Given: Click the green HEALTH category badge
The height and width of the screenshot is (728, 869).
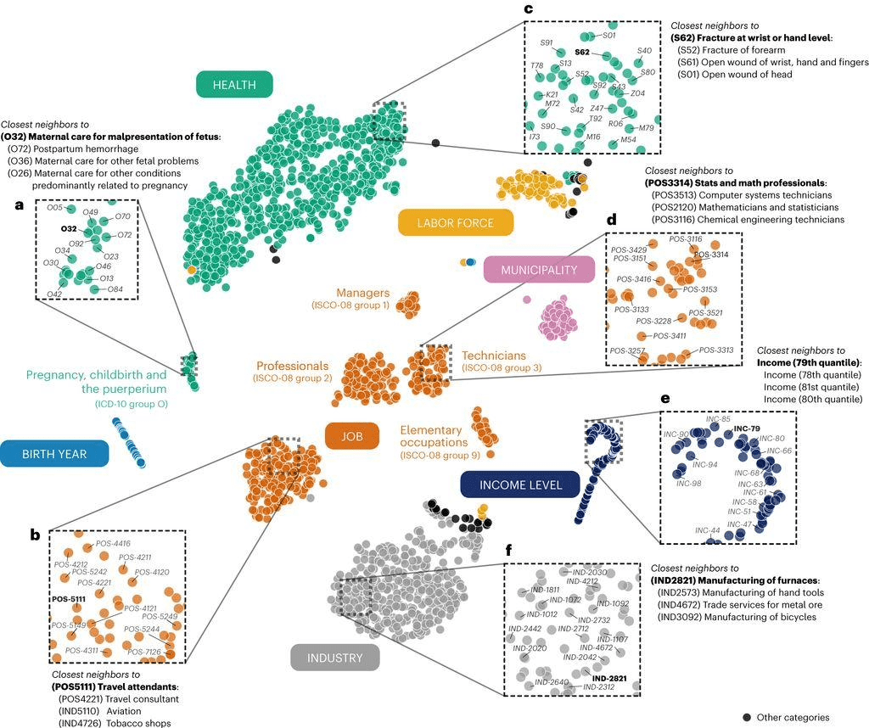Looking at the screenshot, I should click(x=233, y=84).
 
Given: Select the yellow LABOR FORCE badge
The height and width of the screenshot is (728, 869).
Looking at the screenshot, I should click(x=456, y=223).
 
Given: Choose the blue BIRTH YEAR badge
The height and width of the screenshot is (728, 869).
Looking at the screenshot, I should click(x=55, y=454).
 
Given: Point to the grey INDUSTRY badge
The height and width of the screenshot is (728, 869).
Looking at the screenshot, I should click(x=334, y=658).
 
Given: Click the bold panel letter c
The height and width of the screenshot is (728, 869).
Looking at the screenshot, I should click(x=528, y=8).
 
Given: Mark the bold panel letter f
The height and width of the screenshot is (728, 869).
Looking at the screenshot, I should click(x=508, y=550).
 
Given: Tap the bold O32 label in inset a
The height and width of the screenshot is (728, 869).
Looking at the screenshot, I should click(x=69, y=229).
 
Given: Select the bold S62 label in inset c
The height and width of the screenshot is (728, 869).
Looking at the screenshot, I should click(x=582, y=53).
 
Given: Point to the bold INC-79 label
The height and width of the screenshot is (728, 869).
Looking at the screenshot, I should click(x=747, y=428).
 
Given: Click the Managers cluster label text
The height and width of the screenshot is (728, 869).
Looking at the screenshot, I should click(x=362, y=292).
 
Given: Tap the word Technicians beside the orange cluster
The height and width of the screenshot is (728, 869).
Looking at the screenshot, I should click(x=494, y=356).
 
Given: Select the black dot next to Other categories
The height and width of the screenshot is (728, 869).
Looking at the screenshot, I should click(x=746, y=718).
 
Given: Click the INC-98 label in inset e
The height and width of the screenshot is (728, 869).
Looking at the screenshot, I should click(x=689, y=484).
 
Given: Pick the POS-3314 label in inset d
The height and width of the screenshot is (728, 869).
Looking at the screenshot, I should click(x=711, y=255).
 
